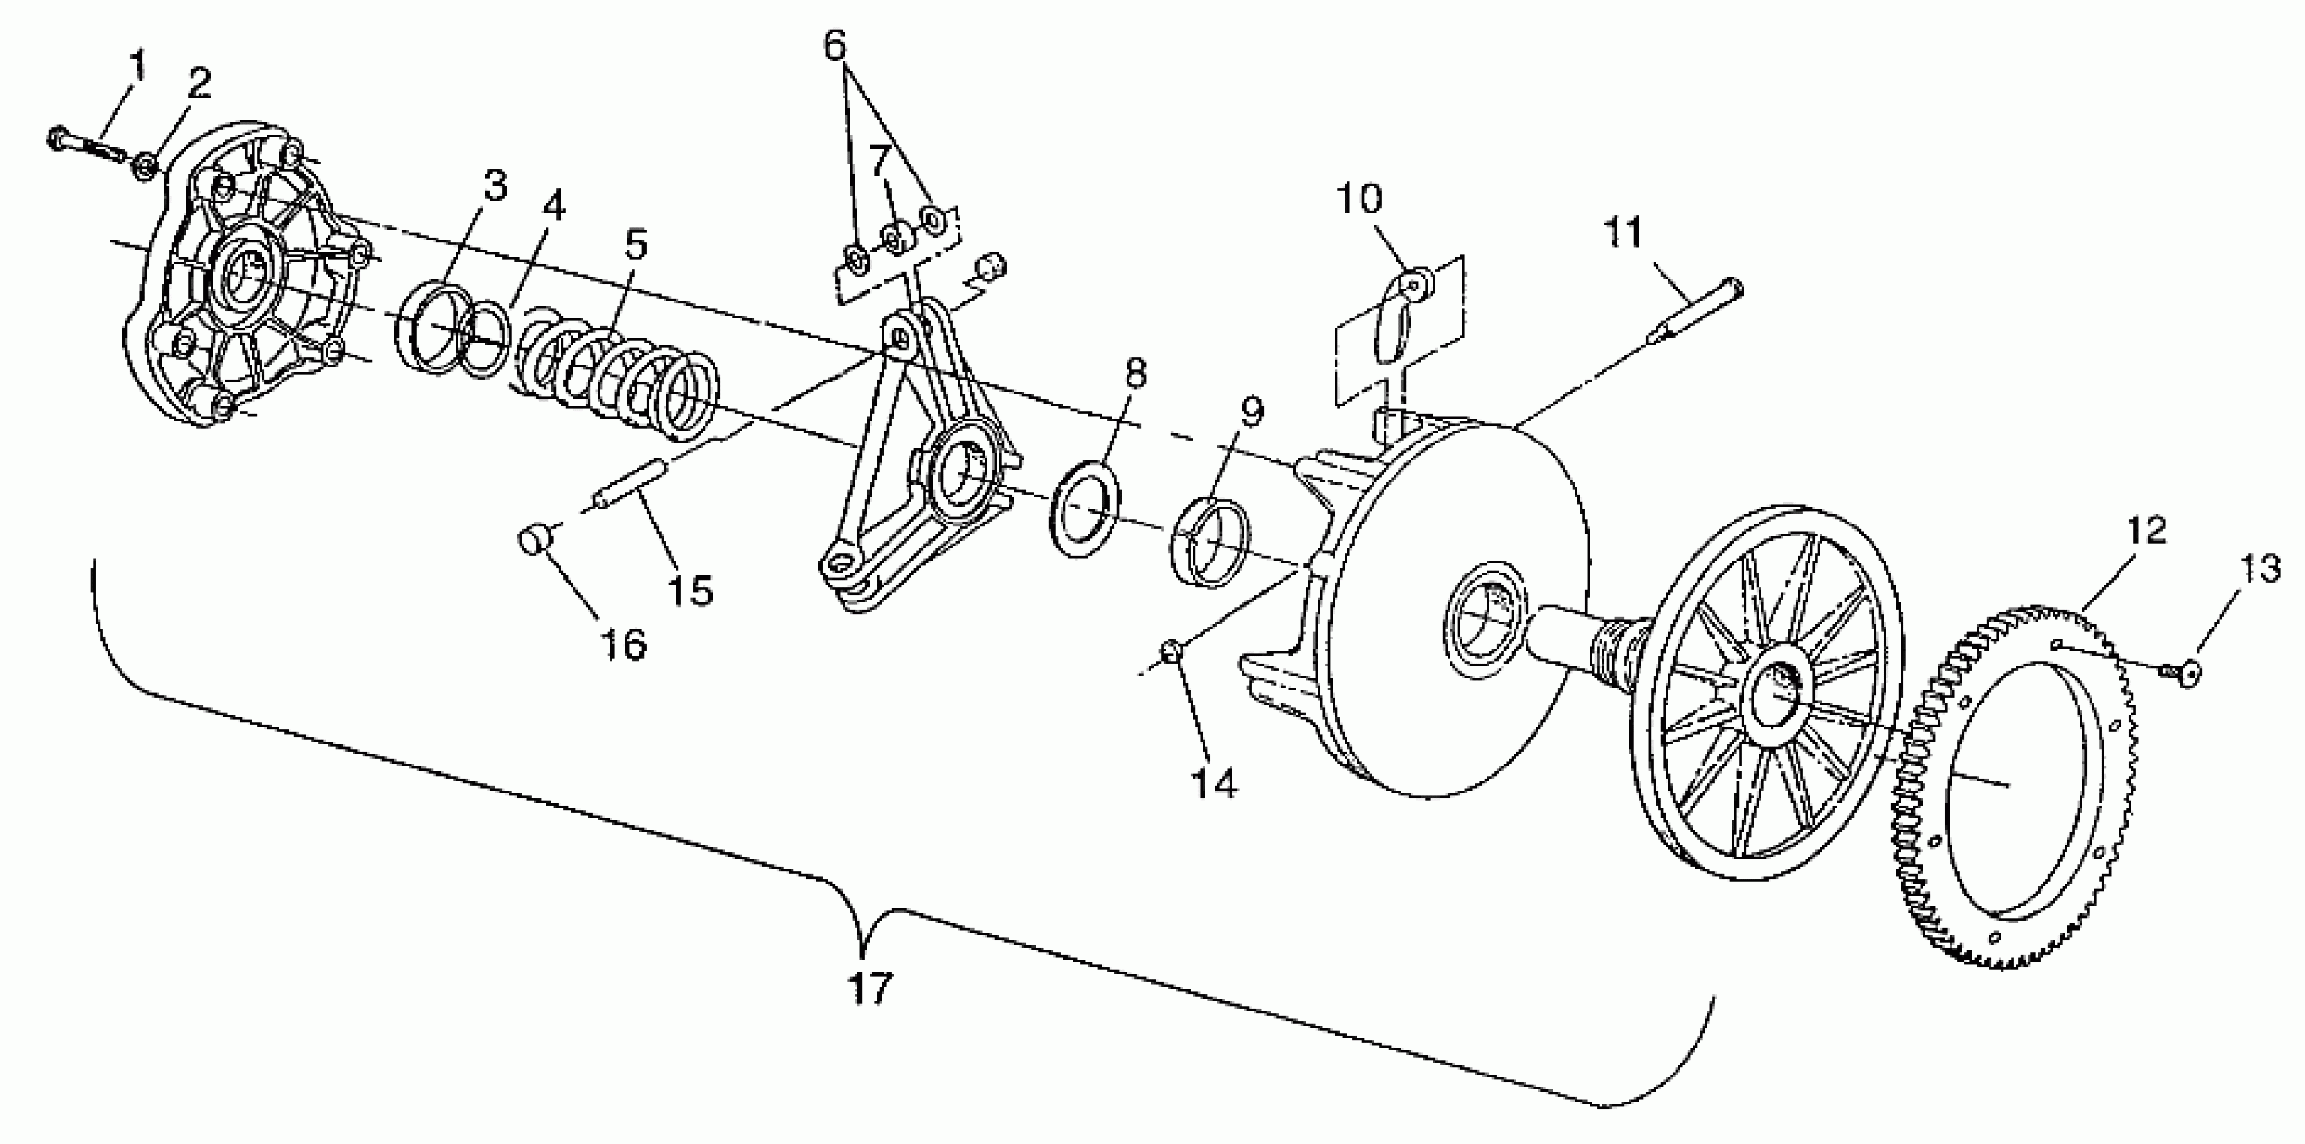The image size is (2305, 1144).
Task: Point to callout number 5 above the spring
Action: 636,244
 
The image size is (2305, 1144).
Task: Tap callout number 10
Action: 1360,199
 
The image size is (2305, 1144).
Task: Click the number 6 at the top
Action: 834,46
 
